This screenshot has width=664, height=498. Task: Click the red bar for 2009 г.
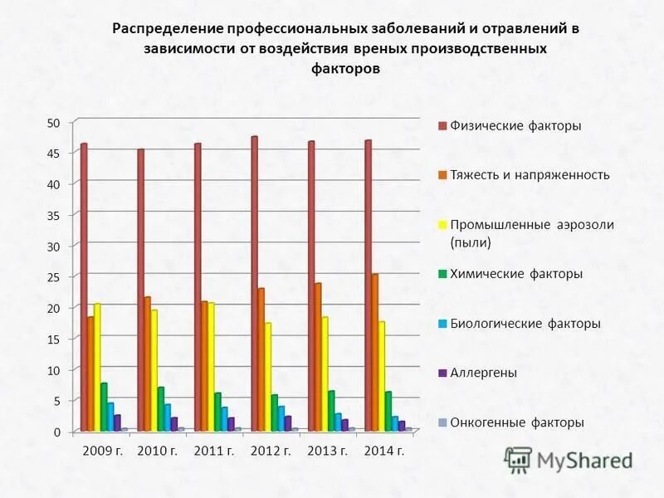pos(84,286)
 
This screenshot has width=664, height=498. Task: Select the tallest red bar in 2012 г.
pos(254,283)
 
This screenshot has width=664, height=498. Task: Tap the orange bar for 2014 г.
pos(375,352)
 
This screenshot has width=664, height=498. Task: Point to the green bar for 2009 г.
pos(104,407)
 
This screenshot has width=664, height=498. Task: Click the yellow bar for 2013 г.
pos(325,373)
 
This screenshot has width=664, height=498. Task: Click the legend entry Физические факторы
pos(515,126)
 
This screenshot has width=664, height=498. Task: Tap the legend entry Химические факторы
pos(515,274)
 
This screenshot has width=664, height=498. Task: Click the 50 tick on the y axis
pos(54,123)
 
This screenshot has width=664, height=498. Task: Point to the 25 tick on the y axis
pos(54,276)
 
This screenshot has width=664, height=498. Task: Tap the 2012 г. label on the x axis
pos(271,451)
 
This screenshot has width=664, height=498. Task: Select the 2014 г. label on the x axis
pos(384,451)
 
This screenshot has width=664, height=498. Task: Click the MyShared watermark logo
pos(569,459)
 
